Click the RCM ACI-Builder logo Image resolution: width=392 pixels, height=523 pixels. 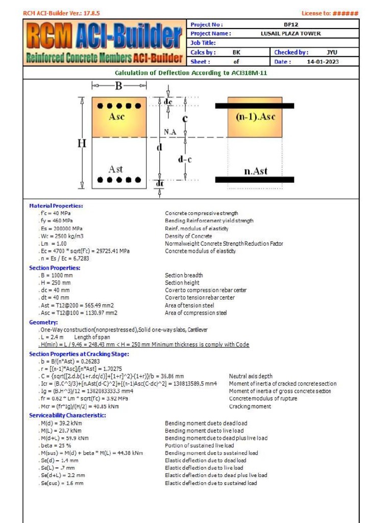[x=105, y=43]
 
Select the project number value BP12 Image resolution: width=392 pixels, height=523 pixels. [x=291, y=25]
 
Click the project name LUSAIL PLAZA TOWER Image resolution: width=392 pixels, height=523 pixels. [x=290, y=34]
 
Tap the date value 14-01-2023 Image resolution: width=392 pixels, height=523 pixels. [x=323, y=62]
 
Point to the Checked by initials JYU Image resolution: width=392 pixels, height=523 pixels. [x=332, y=52]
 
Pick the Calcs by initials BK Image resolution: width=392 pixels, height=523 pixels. [x=236, y=52]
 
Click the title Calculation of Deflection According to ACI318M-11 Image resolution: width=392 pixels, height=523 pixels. [x=191, y=73]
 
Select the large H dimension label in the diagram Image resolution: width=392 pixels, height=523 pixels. [x=82, y=144]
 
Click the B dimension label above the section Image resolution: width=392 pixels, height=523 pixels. [x=118, y=86]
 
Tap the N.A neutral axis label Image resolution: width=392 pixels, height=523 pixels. [x=170, y=132]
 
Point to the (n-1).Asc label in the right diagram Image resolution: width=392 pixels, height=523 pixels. [x=255, y=117]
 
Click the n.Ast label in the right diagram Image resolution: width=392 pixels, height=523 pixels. [x=255, y=171]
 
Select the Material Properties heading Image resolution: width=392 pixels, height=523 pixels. [x=56, y=206]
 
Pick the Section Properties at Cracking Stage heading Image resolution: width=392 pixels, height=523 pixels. [x=79, y=354]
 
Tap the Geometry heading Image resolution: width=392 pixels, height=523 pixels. [x=43, y=322]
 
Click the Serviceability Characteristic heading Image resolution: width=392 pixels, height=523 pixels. [x=67, y=415]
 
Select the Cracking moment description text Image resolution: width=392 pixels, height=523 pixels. [x=250, y=407]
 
